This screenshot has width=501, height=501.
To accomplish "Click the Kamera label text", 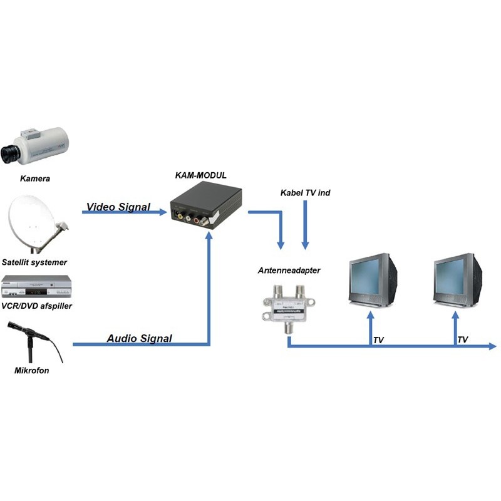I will (x=35, y=179).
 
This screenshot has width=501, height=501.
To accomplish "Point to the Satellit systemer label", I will (x=34, y=262).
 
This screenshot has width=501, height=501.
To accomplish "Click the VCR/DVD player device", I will (x=38, y=287).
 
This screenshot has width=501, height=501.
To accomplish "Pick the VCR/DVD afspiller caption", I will (x=38, y=306).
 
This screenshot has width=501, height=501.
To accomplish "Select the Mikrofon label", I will (x=32, y=371).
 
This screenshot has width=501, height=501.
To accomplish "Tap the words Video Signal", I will (x=118, y=207).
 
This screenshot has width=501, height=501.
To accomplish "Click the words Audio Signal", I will (x=139, y=338).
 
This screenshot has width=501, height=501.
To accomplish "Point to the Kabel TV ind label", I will (x=305, y=193).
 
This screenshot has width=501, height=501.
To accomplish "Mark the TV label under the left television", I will (x=378, y=339).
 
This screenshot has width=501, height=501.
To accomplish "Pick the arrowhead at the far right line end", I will (x=493, y=345).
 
